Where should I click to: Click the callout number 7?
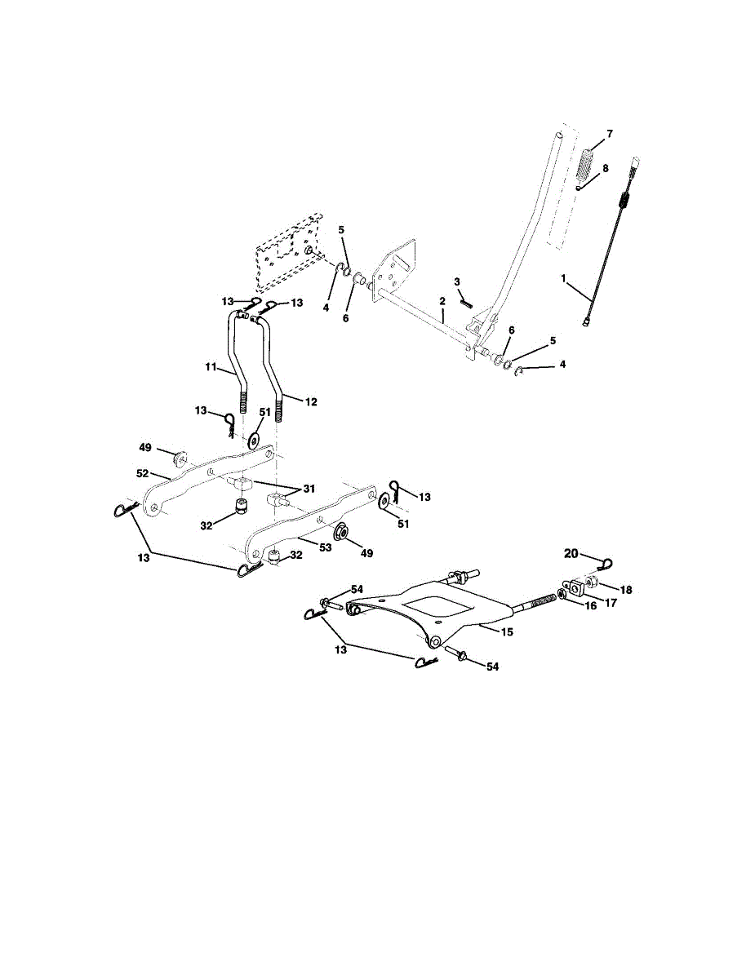click(x=609, y=133)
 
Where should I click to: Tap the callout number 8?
click(x=605, y=168)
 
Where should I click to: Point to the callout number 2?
click(x=442, y=301)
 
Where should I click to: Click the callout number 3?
click(x=458, y=281)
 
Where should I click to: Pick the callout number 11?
click(x=211, y=368)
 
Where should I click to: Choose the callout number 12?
click(x=312, y=401)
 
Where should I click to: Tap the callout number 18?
click(x=626, y=588)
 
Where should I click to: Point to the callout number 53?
click(x=325, y=547)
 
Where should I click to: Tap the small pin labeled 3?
click(x=468, y=302)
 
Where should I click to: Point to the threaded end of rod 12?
click(x=281, y=405)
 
